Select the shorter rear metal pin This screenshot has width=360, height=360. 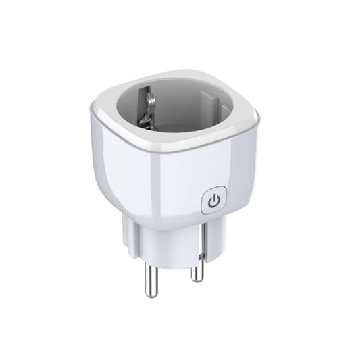tap(197, 267)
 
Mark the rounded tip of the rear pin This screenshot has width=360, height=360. tap(197, 279)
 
